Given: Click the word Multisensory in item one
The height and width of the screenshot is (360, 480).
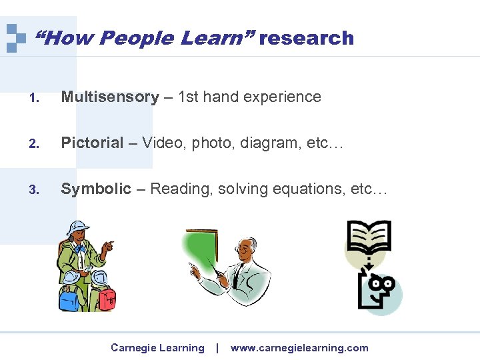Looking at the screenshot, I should point(110,97).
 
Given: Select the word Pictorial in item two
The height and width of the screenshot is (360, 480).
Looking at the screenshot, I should point(92,143).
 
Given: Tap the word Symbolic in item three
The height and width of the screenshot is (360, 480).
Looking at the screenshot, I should point(96,189).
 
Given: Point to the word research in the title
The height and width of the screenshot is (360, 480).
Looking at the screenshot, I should point(307,38).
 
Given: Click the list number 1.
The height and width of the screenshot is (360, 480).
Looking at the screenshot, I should point(33,99).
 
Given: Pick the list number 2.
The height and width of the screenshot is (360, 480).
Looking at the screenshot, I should point(33,144).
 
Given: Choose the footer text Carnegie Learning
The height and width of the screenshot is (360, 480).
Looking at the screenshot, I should point(157,348).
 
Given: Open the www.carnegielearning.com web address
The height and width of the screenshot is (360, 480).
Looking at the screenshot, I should point(299,348).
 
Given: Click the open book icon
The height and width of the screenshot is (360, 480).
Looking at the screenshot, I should point(368,237).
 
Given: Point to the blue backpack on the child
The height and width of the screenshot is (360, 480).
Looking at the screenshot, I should point(70,298).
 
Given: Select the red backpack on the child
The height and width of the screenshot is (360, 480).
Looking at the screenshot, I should point(106,298).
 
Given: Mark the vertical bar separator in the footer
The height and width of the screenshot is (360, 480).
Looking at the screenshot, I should point(217,348).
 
